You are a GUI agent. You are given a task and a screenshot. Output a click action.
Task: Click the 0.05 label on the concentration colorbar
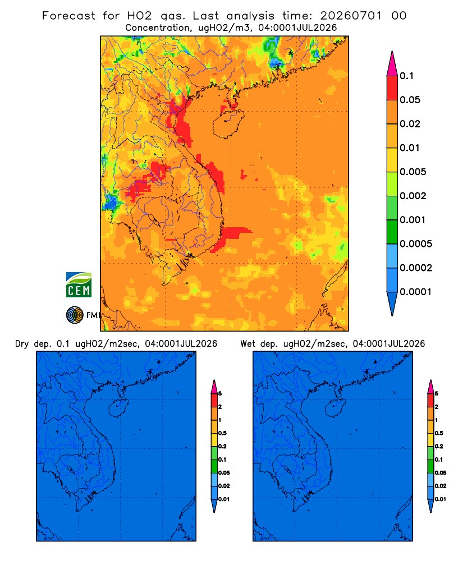410,100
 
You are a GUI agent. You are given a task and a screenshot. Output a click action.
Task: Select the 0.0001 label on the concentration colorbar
416,292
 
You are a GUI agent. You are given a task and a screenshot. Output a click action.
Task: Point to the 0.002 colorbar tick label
413,196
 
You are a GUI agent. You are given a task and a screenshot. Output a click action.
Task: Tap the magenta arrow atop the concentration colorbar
392,63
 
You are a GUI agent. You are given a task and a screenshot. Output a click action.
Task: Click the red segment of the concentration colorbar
392,88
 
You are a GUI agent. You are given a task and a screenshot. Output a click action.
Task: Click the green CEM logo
79,285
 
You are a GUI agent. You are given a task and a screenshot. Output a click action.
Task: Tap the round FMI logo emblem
75,315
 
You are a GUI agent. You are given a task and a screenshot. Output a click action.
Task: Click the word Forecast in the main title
68,16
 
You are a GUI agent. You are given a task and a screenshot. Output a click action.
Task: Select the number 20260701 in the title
351,16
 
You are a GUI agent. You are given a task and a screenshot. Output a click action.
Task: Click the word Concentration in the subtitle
158,28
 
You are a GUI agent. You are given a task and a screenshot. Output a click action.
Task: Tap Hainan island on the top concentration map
228,124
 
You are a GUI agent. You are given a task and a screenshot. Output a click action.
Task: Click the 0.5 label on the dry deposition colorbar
222,433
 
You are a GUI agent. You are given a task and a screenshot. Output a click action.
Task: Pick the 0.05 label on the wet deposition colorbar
441,473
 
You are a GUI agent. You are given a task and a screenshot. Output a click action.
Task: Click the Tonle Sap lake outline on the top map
152,219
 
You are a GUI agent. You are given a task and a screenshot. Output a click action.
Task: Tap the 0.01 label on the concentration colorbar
410,148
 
